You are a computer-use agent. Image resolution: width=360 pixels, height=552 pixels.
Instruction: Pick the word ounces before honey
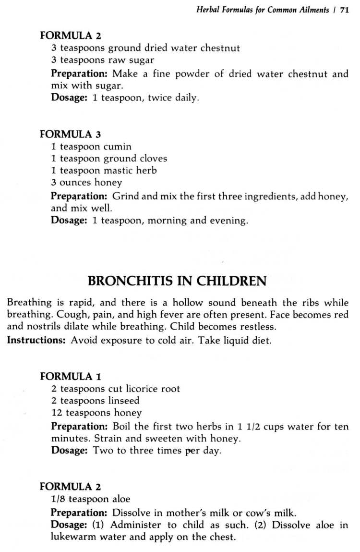click(76, 183)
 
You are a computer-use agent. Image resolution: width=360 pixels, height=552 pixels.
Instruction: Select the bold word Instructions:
click(37, 340)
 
